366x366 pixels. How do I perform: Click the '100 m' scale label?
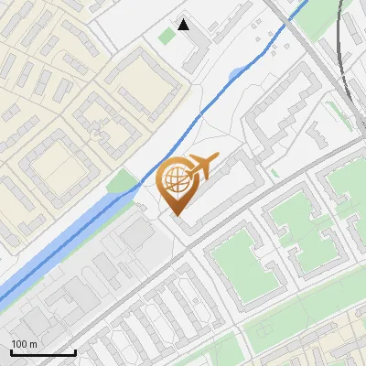[24, 343]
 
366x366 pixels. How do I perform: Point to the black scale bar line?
[43, 352]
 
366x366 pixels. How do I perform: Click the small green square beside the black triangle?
[166, 37]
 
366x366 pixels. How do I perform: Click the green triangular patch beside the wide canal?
[120, 183]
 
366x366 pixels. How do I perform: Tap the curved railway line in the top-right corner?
[342, 55]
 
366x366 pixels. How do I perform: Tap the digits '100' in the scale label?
[19, 343]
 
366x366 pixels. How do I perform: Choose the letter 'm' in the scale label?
[33, 343]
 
